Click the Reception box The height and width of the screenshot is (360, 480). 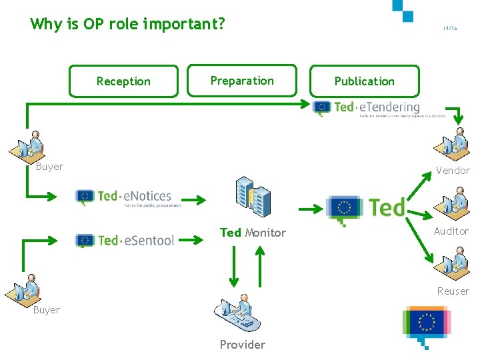[x=123, y=81]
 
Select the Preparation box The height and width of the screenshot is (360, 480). [x=242, y=81]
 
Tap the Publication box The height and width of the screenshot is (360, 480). [x=364, y=81]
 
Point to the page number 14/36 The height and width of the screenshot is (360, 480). [x=450, y=28]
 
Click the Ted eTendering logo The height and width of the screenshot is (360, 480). [x=367, y=108]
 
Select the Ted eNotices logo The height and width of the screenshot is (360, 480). [x=125, y=197]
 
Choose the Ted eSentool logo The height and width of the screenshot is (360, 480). [x=125, y=240]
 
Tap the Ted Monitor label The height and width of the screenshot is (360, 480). [x=253, y=233]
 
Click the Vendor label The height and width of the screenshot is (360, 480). [x=452, y=171]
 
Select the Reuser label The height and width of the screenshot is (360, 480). [x=453, y=291]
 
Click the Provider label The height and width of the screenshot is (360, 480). [x=242, y=345]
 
